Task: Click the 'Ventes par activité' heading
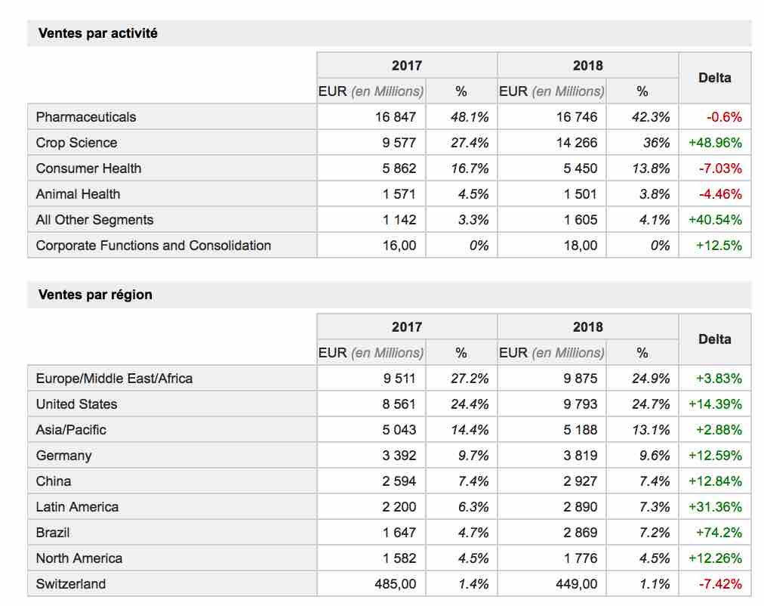tap(98, 33)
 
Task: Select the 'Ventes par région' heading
tap(95, 295)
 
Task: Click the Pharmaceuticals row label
tap(86, 117)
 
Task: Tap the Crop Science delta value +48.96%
tap(715, 143)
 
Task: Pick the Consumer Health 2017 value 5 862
tap(399, 169)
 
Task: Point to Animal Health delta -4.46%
tap(720, 194)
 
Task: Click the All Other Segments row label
tap(94, 220)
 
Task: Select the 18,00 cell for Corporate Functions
tap(581, 246)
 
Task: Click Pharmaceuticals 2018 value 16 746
tap(577, 117)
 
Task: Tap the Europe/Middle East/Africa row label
tap(114, 379)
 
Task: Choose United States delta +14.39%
tap(715, 404)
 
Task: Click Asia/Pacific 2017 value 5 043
tap(399, 430)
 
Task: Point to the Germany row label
tap(64, 456)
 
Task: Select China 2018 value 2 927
tap(581, 481)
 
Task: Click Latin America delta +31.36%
tap(715, 507)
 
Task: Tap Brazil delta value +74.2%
tap(719, 533)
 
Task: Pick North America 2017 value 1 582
tap(399, 558)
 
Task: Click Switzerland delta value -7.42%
tap(720, 584)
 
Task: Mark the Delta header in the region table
tap(715, 339)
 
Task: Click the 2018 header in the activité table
tap(587, 65)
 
